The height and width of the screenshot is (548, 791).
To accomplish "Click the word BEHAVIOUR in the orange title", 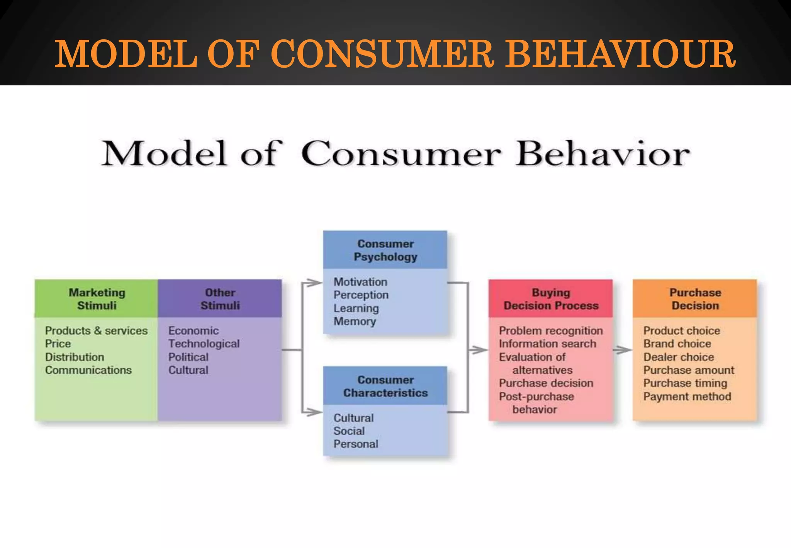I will [x=620, y=54].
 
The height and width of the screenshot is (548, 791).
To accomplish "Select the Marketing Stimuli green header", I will [x=97, y=299].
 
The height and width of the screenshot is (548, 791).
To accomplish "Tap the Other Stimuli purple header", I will [x=220, y=299].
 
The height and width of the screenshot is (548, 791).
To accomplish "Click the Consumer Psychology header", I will [x=385, y=250].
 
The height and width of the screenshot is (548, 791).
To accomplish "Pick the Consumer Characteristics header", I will [x=385, y=386].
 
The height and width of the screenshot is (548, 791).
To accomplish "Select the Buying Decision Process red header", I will [x=551, y=299].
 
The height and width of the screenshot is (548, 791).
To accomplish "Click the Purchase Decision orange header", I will [x=695, y=299].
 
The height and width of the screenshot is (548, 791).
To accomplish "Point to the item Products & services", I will [x=96, y=331].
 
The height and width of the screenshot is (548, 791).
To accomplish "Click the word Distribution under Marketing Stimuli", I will [x=75, y=357].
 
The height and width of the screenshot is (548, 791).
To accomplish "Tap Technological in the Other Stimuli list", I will [x=204, y=344].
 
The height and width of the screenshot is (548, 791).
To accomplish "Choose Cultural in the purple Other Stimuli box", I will [x=188, y=370].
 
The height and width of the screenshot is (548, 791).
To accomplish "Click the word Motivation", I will [x=360, y=282].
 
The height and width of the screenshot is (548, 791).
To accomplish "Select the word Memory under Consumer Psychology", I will [x=355, y=322].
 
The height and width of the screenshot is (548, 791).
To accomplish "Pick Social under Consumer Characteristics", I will [x=349, y=431].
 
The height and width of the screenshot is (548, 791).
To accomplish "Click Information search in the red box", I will [x=547, y=344].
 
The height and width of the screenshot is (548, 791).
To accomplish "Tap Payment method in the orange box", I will [x=687, y=397].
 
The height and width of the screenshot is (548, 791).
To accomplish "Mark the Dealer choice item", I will [x=679, y=357].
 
